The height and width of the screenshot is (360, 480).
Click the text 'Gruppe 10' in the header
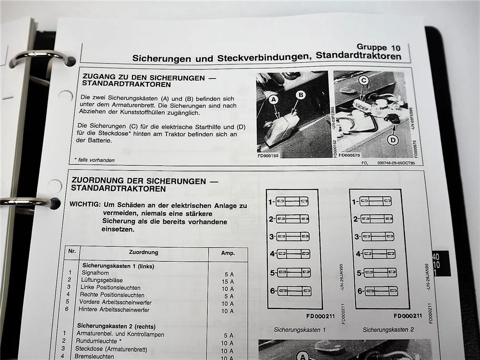378,48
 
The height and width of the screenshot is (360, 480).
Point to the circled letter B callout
300,95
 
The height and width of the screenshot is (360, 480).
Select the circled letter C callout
364,82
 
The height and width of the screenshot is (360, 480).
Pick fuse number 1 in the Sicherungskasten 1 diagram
292,202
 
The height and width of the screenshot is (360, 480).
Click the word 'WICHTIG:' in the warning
85,204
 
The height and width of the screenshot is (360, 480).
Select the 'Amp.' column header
227,253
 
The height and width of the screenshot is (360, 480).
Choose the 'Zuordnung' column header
144,252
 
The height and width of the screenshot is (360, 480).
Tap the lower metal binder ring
29,202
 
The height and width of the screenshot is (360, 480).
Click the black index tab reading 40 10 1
440,264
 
